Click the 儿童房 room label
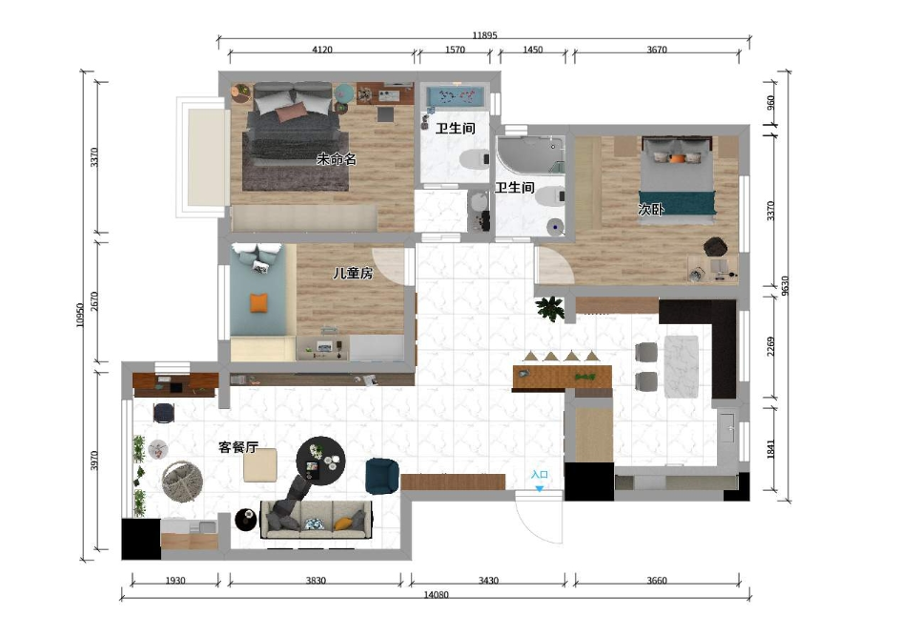pyautogui.click(x=353, y=274)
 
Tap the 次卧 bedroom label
pyautogui.click(x=651, y=210)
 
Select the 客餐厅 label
pyautogui.click(x=238, y=447)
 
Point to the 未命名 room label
pyautogui.click(x=337, y=159)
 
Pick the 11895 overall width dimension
pyautogui.click(x=484, y=35)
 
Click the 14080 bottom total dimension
pyautogui.click(x=437, y=595)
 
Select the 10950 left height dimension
pyautogui.click(x=80, y=315)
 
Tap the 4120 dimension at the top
pyautogui.click(x=322, y=50)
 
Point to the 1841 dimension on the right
pyautogui.click(x=771, y=449)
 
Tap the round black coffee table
pyautogui.click(x=320, y=461)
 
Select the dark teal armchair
pyautogui.click(x=382, y=476)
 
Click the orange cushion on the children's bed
pyautogui.click(x=259, y=302)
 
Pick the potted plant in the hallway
pyautogui.click(x=550, y=308)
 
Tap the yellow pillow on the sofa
pyautogui.click(x=343, y=523)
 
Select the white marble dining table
pyautogui.click(x=682, y=366)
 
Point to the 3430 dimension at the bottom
pyautogui.click(x=488, y=581)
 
